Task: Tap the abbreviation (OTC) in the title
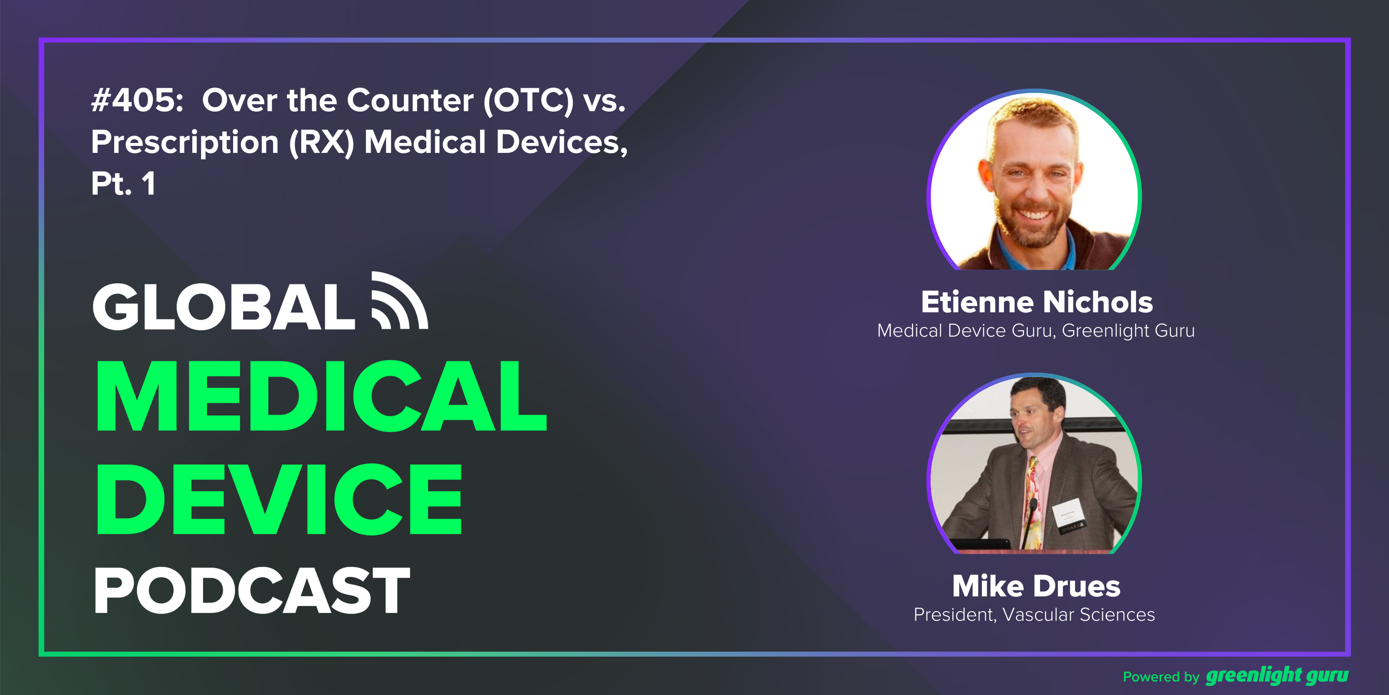(x=528, y=101)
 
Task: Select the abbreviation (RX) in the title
(x=321, y=142)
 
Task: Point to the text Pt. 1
(x=123, y=183)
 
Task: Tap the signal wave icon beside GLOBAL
(x=399, y=300)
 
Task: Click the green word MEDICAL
(x=321, y=397)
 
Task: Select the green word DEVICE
(x=279, y=499)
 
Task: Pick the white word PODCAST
(x=252, y=591)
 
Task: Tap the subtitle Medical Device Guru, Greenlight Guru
(x=1036, y=331)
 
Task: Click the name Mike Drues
(x=1036, y=586)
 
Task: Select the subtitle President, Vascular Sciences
(x=1034, y=615)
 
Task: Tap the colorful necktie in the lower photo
(x=1031, y=502)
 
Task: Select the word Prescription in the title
(x=184, y=142)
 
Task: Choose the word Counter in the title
(x=410, y=100)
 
